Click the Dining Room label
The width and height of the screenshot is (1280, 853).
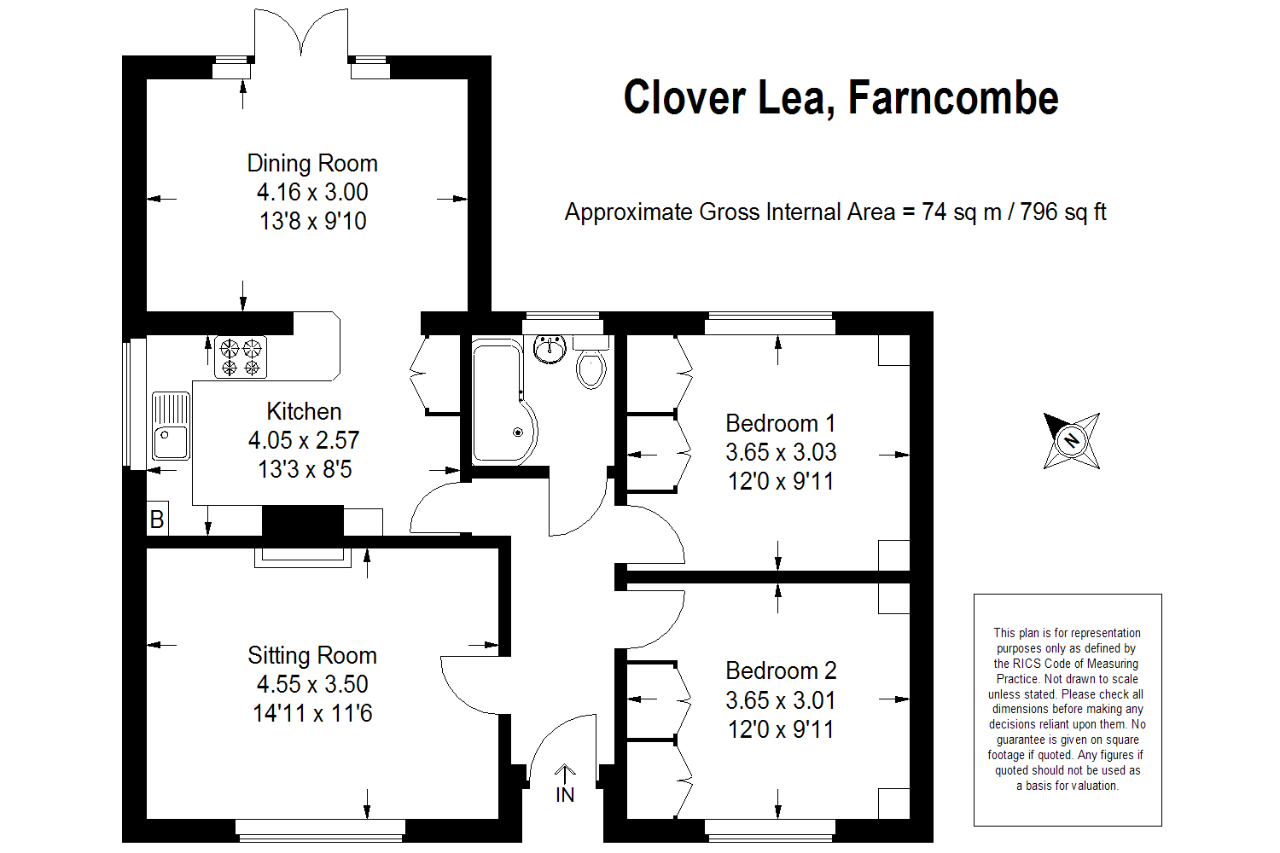coord(312,164)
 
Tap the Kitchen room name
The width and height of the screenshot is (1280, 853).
coord(304,411)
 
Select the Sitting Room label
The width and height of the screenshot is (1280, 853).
coord(312,655)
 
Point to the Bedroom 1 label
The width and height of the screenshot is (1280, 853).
coord(781,423)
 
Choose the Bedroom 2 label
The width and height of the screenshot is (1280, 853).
coord(781,670)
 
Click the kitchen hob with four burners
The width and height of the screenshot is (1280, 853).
coord(241,357)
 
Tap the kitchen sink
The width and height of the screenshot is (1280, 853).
coord(171,426)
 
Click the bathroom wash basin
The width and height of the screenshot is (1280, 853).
coord(550,349)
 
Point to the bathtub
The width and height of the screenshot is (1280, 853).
coord(504,400)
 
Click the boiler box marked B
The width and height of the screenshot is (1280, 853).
coord(157,519)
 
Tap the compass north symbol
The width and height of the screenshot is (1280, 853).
coord(1072,440)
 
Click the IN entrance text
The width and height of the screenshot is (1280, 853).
coord(565,795)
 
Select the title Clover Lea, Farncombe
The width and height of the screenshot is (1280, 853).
coord(841,98)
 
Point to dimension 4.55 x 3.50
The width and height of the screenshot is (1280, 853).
coord(312,684)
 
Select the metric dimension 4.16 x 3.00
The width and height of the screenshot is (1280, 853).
coord(312,192)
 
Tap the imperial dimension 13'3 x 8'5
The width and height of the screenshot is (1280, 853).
coord(305,469)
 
